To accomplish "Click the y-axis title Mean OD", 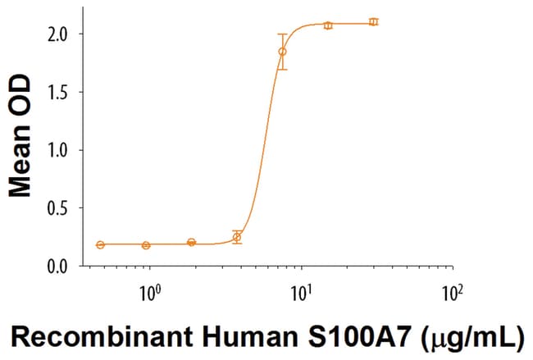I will [x=20, y=136].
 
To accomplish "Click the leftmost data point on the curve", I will [x=100, y=244].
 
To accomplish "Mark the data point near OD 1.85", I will [x=282, y=52].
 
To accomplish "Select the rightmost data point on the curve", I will [x=373, y=21].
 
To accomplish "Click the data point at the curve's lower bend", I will [x=237, y=237].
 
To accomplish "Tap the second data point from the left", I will [x=146, y=245].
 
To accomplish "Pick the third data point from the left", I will [x=191, y=243].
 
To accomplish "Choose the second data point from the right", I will [x=328, y=25].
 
